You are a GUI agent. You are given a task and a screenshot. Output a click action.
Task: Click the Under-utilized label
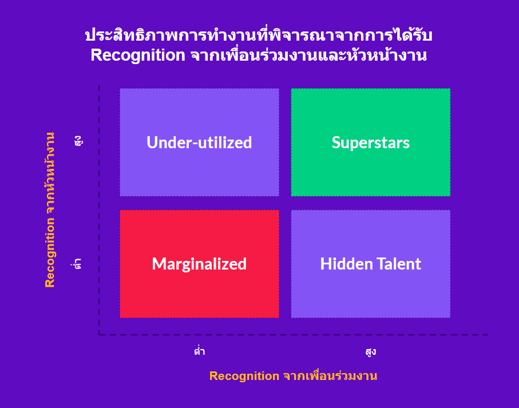(199, 142)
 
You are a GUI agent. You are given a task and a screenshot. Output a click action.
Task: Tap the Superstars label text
(371, 143)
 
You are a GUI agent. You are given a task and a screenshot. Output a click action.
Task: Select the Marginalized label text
(199, 264)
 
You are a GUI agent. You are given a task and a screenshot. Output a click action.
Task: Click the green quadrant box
(371, 142)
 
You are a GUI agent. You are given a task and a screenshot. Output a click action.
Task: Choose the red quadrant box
(199, 264)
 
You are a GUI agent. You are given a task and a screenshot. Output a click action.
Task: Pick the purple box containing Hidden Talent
(371, 264)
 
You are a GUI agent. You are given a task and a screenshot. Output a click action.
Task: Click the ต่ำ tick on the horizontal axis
(200, 351)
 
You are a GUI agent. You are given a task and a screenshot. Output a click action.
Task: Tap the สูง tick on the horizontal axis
(371, 351)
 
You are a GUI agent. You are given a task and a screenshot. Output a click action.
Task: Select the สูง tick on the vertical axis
(78, 141)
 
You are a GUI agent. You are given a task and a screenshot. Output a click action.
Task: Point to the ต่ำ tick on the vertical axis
(77, 264)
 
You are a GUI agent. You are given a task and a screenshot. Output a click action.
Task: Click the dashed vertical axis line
(99, 210)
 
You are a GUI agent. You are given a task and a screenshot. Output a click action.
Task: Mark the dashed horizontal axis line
(294, 335)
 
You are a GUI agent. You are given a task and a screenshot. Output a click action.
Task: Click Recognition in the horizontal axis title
(244, 376)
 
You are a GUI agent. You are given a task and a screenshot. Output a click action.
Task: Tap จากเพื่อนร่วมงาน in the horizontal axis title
(330, 376)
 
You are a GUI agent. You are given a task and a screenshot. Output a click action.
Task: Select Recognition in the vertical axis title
(50, 252)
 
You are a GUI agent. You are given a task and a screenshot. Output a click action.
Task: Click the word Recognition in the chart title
(138, 55)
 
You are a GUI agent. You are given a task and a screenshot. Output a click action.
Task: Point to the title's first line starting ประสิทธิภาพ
(259, 35)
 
